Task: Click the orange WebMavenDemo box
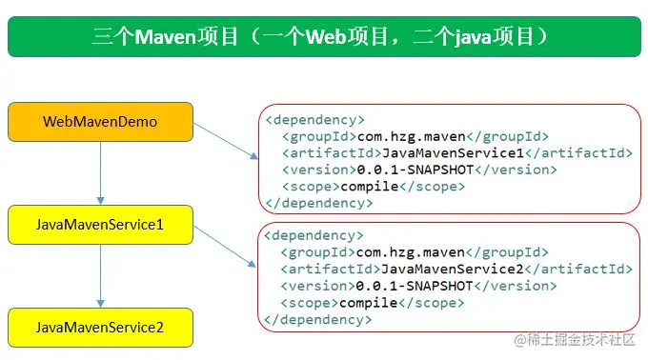click(x=100, y=122)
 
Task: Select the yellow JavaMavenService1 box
click(x=100, y=225)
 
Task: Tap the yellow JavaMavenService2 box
click(x=100, y=327)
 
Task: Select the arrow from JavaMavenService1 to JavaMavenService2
click(x=100, y=275)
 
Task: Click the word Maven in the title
click(x=167, y=37)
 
